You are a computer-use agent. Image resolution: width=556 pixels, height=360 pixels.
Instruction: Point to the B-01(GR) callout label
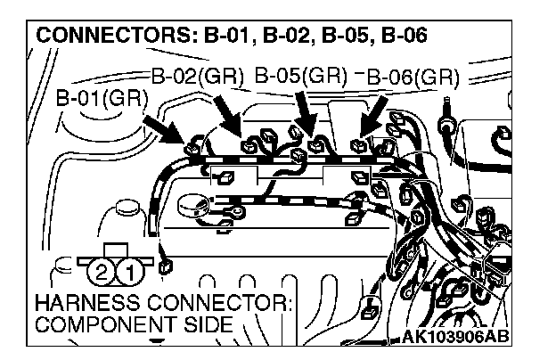[101, 97]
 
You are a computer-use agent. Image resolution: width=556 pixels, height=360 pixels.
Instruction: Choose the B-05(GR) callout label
[300, 75]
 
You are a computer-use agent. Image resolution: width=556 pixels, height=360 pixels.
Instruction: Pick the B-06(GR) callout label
[412, 77]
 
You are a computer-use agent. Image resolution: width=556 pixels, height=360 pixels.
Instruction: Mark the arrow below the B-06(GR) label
[375, 116]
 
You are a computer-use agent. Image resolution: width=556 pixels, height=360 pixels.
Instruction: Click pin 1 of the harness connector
[128, 269]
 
